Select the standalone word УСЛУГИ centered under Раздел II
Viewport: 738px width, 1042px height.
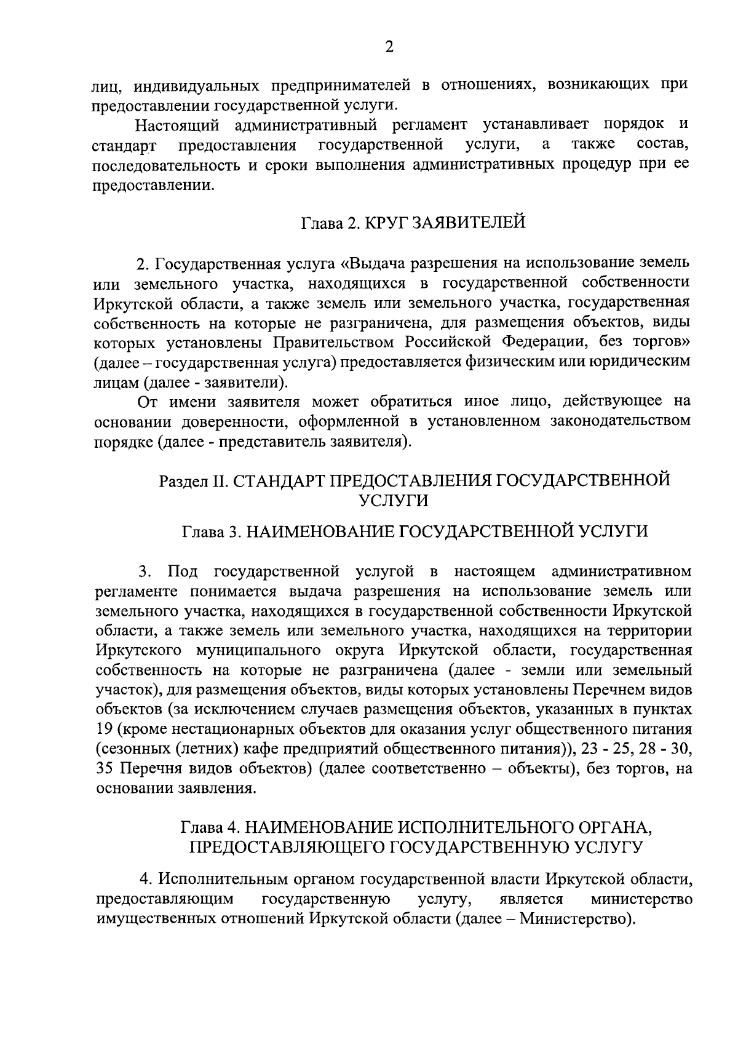394,500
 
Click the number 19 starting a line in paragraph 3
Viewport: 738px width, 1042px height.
105,730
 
